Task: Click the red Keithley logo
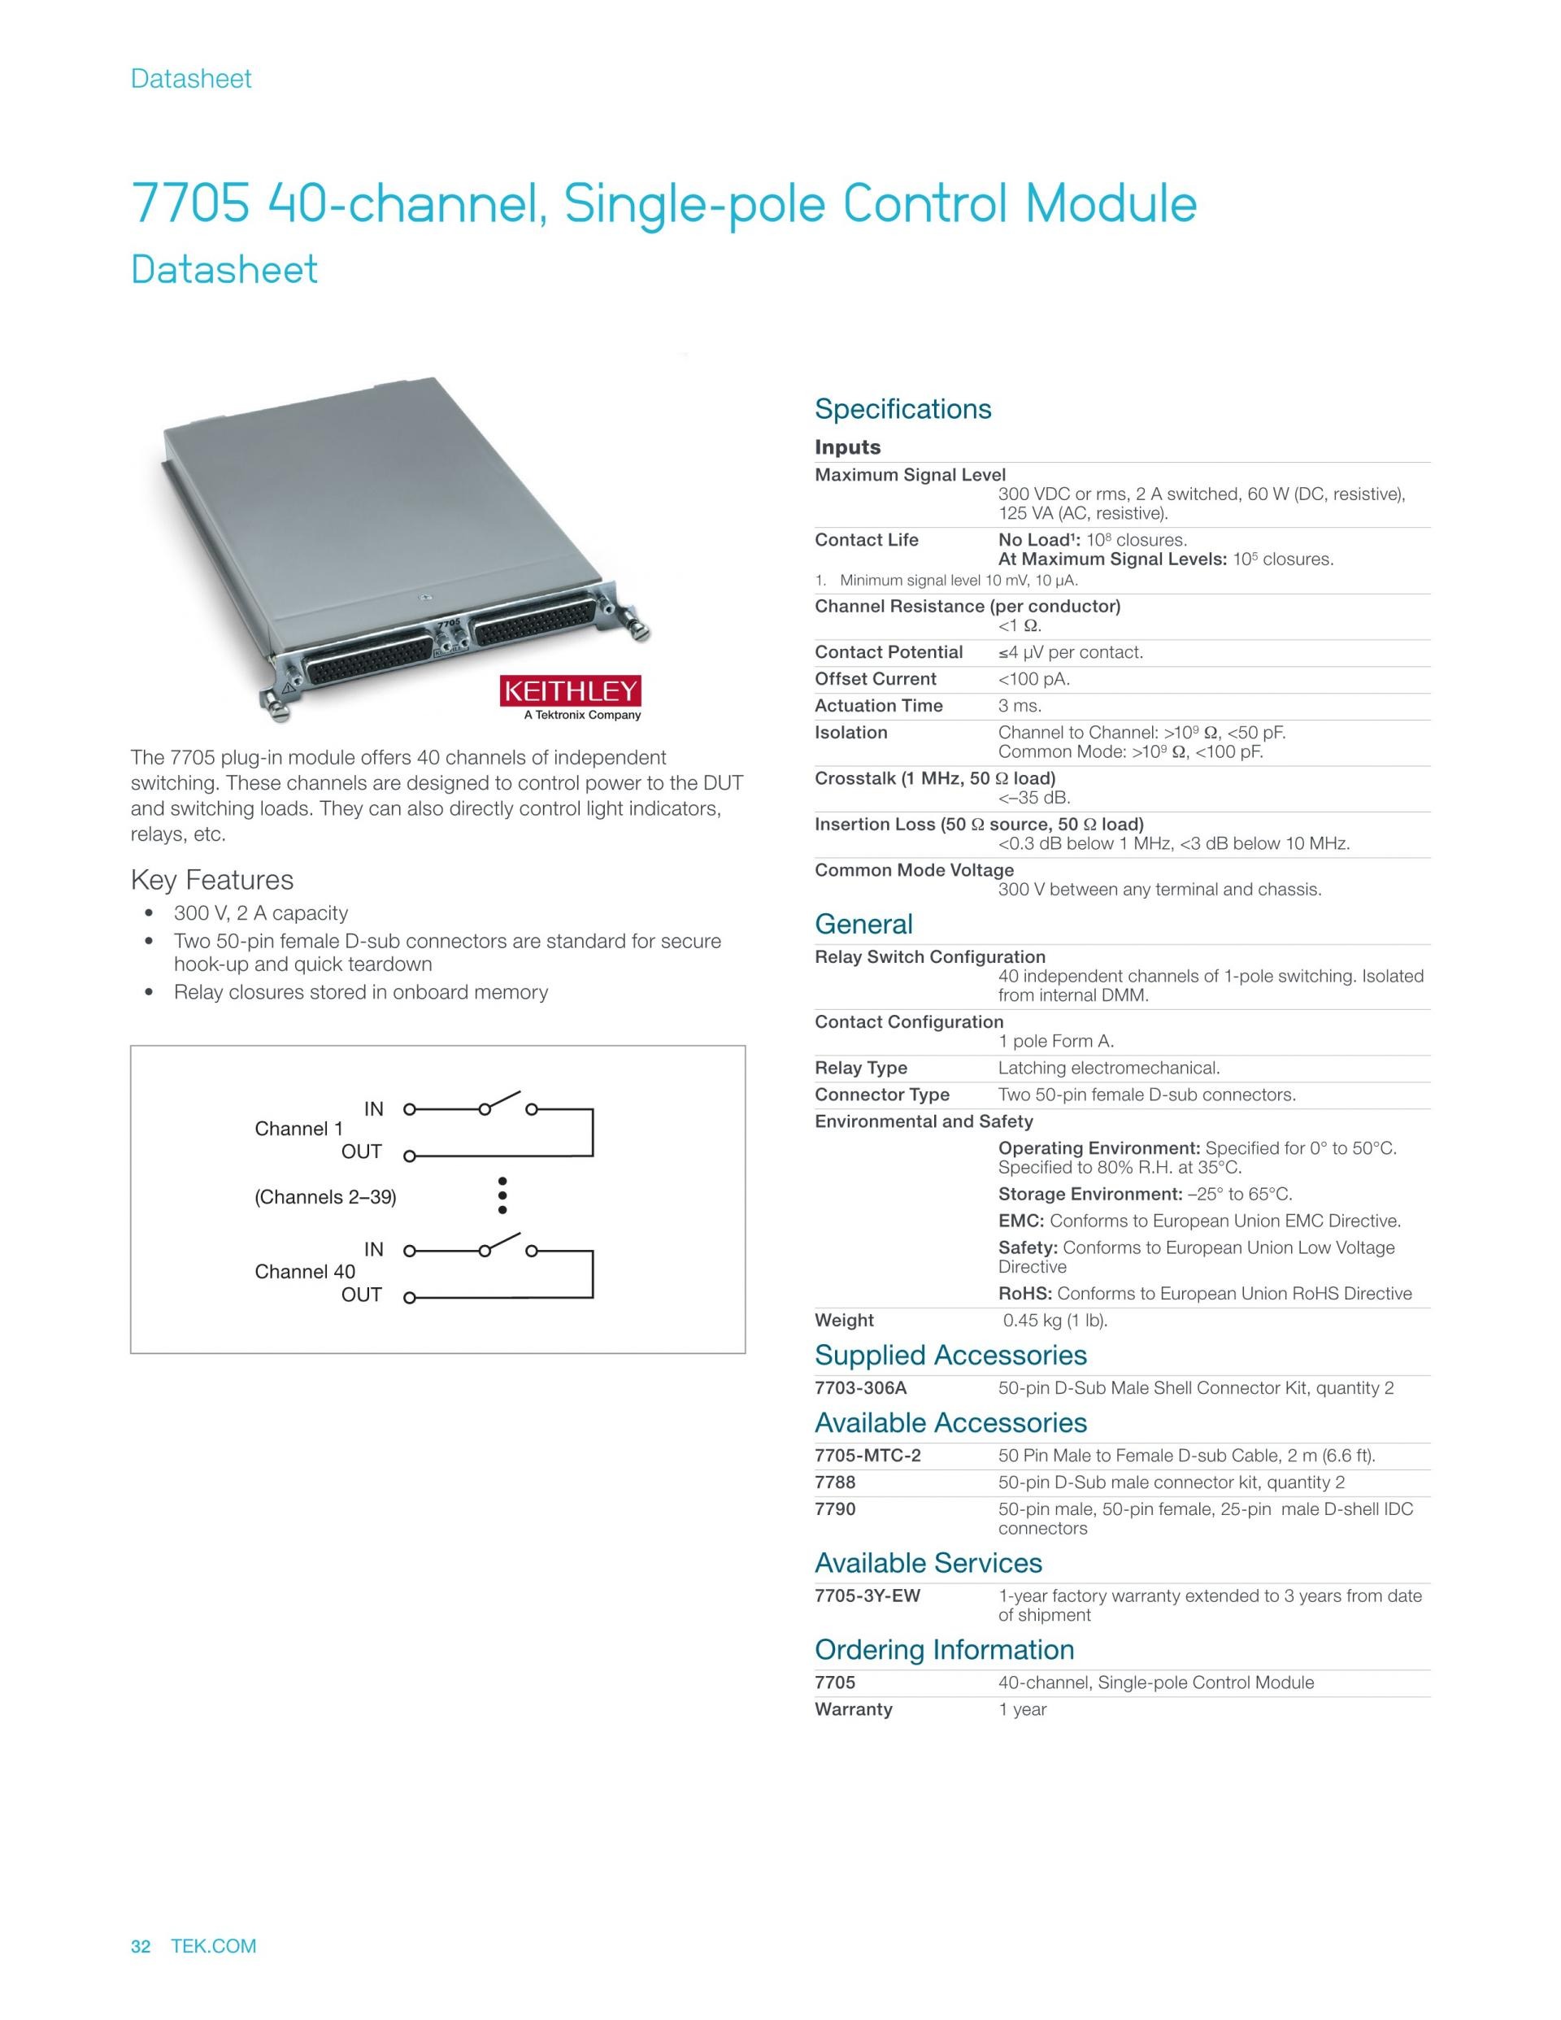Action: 570,691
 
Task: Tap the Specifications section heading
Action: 902,409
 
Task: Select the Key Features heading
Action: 211,880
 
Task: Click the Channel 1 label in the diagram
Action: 298,1129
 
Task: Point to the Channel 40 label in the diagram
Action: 304,1272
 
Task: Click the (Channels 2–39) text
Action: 324,1197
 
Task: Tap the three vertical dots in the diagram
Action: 502,1196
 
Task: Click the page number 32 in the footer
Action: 141,1946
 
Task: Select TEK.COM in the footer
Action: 214,1946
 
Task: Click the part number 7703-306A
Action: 860,1387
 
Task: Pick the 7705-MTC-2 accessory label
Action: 867,1455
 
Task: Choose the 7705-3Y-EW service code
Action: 867,1596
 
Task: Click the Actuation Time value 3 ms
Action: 1019,706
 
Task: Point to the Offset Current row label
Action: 875,679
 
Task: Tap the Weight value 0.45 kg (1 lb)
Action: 1055,1320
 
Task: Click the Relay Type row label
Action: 860,1068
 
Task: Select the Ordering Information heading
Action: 943,1649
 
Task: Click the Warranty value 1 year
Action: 1022,1709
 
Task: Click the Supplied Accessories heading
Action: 950,1355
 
